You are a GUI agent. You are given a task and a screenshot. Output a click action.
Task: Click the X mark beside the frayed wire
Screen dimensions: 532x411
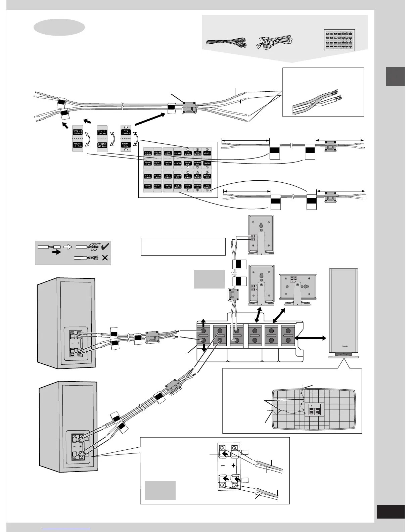point(104,258)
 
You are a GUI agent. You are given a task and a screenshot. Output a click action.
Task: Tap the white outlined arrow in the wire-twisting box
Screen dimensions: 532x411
point(67,247)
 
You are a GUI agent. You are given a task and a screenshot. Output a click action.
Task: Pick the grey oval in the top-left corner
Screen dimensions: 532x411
point(59,27)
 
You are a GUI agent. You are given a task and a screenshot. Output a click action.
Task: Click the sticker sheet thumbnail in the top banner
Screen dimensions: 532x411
point(339,40)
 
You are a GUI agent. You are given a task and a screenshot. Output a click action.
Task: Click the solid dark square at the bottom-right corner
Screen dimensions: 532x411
point(391,512)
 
